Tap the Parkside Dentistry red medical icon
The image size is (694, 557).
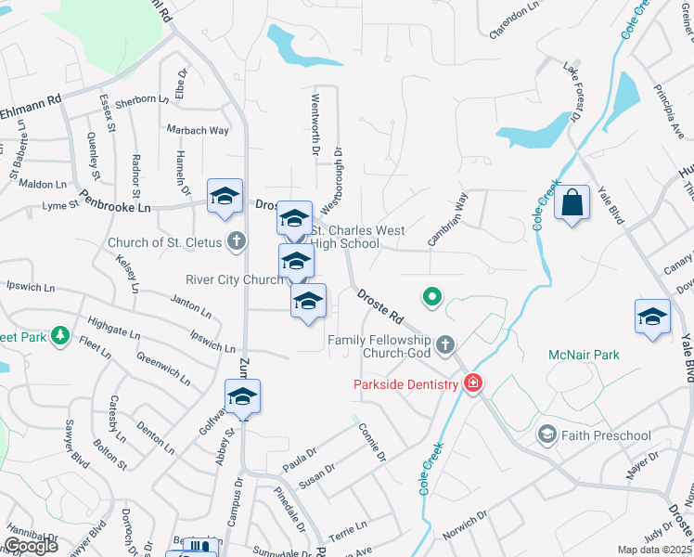473,383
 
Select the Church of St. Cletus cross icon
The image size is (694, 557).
237,243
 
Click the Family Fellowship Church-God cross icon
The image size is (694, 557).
446,343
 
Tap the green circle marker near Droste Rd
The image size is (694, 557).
431,297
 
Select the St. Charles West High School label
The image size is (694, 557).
344,237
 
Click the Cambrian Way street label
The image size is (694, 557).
447,219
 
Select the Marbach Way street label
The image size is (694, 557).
197,130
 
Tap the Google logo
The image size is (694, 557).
31,546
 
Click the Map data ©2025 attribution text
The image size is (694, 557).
654,550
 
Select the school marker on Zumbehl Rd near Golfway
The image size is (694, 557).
242,396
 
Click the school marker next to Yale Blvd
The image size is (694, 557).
652,317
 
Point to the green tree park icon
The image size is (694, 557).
60,334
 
